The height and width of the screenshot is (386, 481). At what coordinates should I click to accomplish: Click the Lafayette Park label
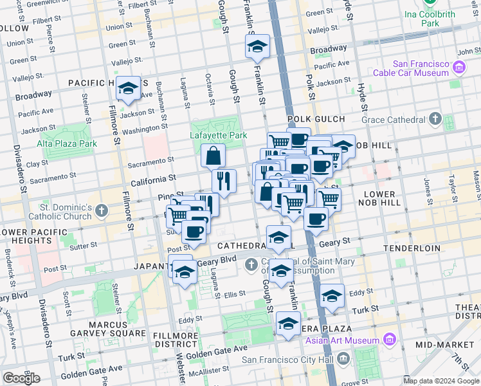[x=219, y=136]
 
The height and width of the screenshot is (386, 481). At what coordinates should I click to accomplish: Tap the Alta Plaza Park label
[x=67, y=143]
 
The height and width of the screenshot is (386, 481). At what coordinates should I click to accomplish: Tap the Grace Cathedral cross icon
[x=435, y=119]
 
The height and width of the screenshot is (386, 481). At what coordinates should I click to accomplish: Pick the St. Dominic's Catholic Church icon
[x=102, y=210]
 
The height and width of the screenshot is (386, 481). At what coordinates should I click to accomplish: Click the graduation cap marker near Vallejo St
[x=257, y=47]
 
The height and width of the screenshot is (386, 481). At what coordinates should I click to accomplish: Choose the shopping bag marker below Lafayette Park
[x=213, y=156]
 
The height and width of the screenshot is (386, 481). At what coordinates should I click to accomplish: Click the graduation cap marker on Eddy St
[x=332, y=296]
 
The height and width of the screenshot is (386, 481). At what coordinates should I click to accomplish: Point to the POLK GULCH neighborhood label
[x=316, y=120]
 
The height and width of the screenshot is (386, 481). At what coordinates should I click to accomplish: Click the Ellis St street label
[x=235, y=293]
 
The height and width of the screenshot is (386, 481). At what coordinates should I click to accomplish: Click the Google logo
[x=21, y=378]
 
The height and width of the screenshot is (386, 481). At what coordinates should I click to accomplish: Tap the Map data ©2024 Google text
[x=441, y=380]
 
